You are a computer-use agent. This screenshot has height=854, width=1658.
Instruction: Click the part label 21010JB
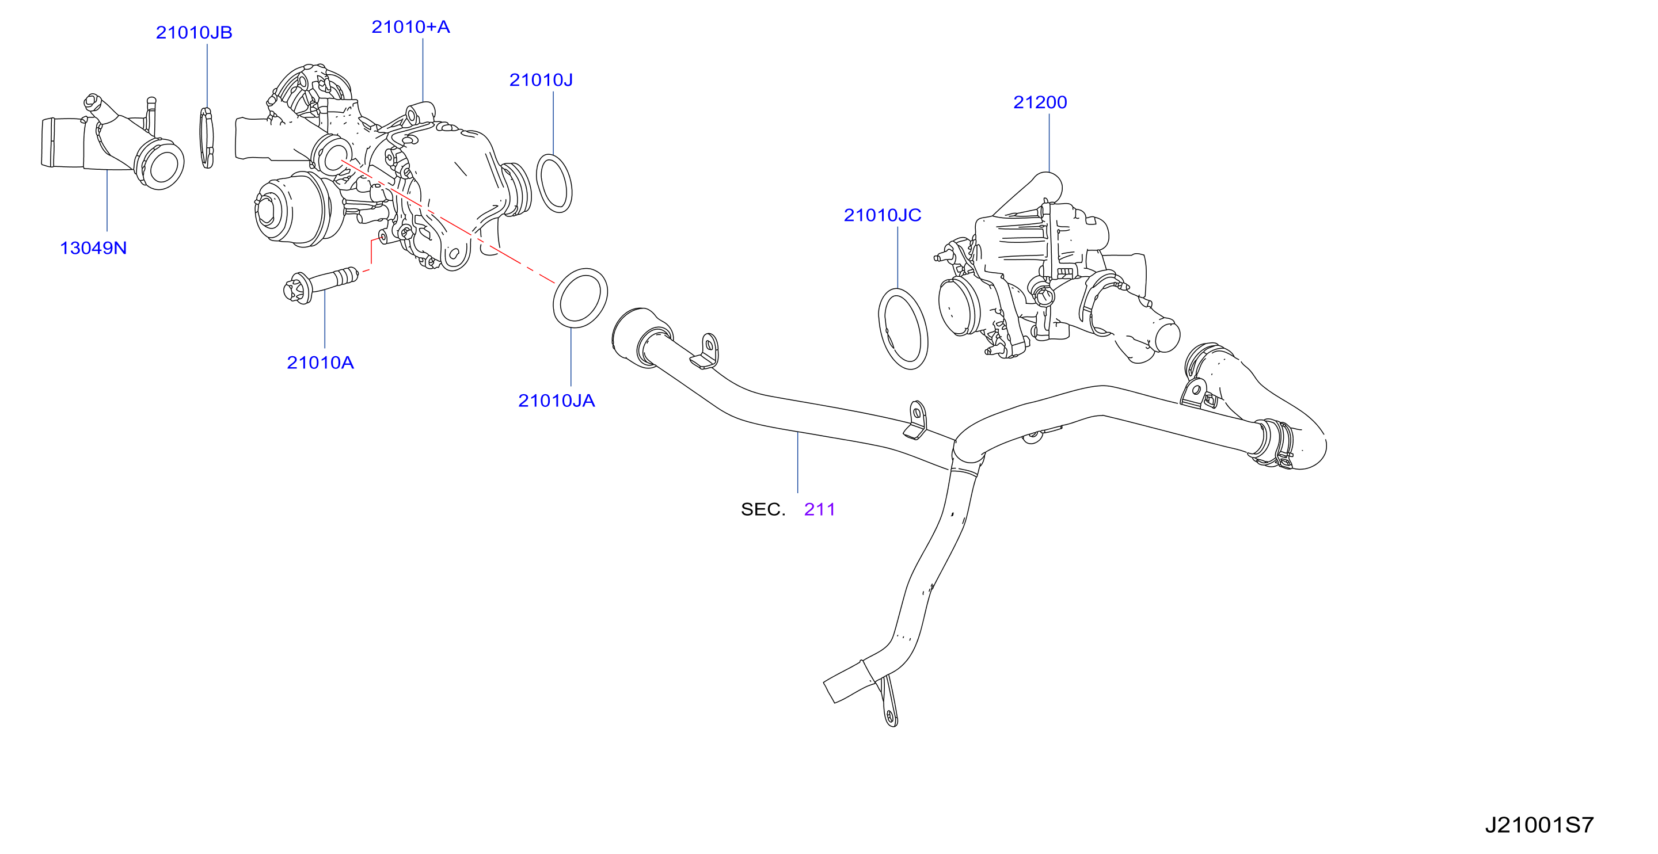pos(194,33)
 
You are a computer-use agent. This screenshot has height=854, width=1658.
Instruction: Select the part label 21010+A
pos(410,27)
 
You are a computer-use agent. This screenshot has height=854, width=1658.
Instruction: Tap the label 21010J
pos(541,81)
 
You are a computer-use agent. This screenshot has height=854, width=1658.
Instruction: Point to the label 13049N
pos(93,249)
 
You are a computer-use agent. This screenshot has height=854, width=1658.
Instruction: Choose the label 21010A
pos(320,363)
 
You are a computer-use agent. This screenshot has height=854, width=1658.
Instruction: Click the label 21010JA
pos(556,401)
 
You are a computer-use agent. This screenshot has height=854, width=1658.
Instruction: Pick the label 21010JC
pos(883,216)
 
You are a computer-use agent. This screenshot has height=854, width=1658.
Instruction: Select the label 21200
pos(1040,102)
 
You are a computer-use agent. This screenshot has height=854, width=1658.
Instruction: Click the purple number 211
pos(819,510)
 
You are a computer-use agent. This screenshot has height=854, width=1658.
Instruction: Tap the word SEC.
pos(763,510)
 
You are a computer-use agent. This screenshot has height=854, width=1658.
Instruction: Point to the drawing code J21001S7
pos(1539,825)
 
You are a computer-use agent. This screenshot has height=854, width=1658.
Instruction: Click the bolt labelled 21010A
pos(321,284)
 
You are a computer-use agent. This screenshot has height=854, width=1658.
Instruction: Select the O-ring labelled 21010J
pos(553,184)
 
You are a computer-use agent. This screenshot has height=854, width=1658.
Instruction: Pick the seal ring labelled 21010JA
pos(580,298)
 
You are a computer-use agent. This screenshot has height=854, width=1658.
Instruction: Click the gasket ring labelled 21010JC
pos(903,329)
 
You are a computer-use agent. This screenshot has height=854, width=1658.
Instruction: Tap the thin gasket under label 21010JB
pos(207,138)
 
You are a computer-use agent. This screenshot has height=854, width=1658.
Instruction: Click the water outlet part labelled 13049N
pos(113,143)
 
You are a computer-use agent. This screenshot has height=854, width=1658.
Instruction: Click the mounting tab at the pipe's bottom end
pos(889,701)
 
